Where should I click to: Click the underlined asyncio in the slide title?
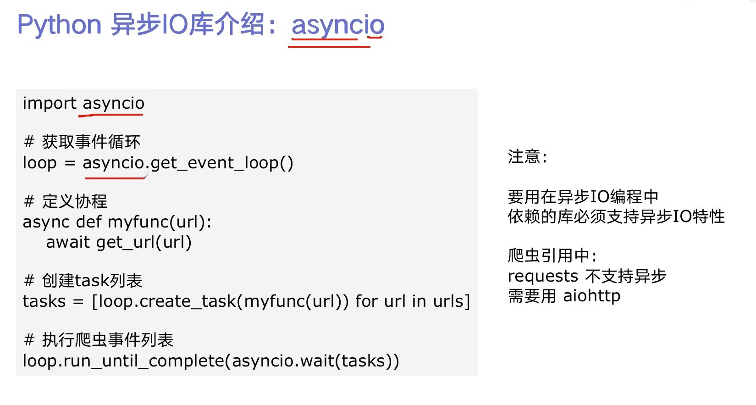pos(338,26)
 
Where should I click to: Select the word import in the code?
pos(49,103)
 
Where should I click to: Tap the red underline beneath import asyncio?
pos(110,115)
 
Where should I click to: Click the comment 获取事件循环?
pos(91,142)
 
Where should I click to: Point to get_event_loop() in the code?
pos(222,163)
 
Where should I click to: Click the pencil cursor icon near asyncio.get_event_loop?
pos(146,175)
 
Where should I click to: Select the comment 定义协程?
pos(75,201)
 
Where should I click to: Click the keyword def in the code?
pos(88,222)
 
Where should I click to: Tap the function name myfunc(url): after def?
pos(159,222)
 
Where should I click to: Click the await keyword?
pos(68,242)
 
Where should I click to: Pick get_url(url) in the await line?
pos(144,243)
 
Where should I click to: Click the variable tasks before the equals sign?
pos(44,301)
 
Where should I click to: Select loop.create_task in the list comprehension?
pos(163,302)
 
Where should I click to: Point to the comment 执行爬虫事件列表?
pos(108,340)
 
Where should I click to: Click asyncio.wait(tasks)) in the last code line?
pos(315,361)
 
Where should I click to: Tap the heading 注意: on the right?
pos(527,157)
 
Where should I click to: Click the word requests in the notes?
pos(543,277)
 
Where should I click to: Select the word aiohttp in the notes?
pos(591,296)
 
